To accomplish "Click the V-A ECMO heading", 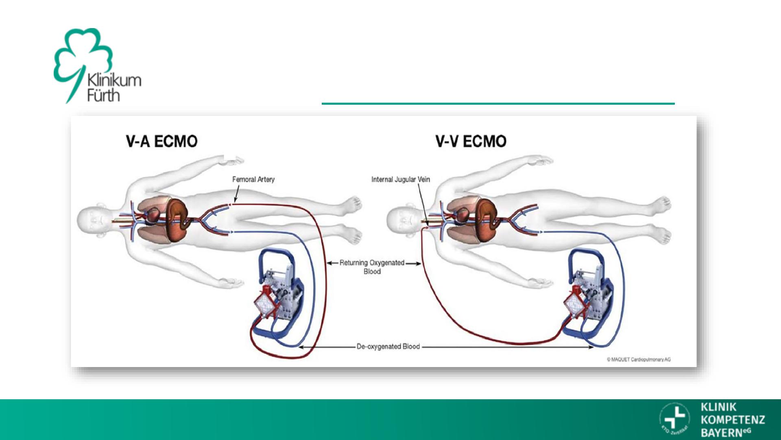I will pyautogui.click(x=162, y=142).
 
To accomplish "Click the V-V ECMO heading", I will pyautogui.click(x=471, y=142).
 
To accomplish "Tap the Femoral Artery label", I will pyautogui.click(x=253, y=179).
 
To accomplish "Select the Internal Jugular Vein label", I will pyautogui.click(x=400, y=179).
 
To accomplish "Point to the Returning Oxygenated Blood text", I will pyautogui.click(x=372, y=267).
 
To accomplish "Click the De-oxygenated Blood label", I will pyautogui.click(x=388, y=347).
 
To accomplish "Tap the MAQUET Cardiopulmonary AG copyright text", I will pyautogui.click(x=639, y=359).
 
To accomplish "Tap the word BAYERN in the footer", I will pyautogui.click(x=721, y=432).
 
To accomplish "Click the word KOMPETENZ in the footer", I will pyautogui.click(x=733, y=420).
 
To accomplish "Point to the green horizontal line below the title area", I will pyautogui.click(x=498, y=104).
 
